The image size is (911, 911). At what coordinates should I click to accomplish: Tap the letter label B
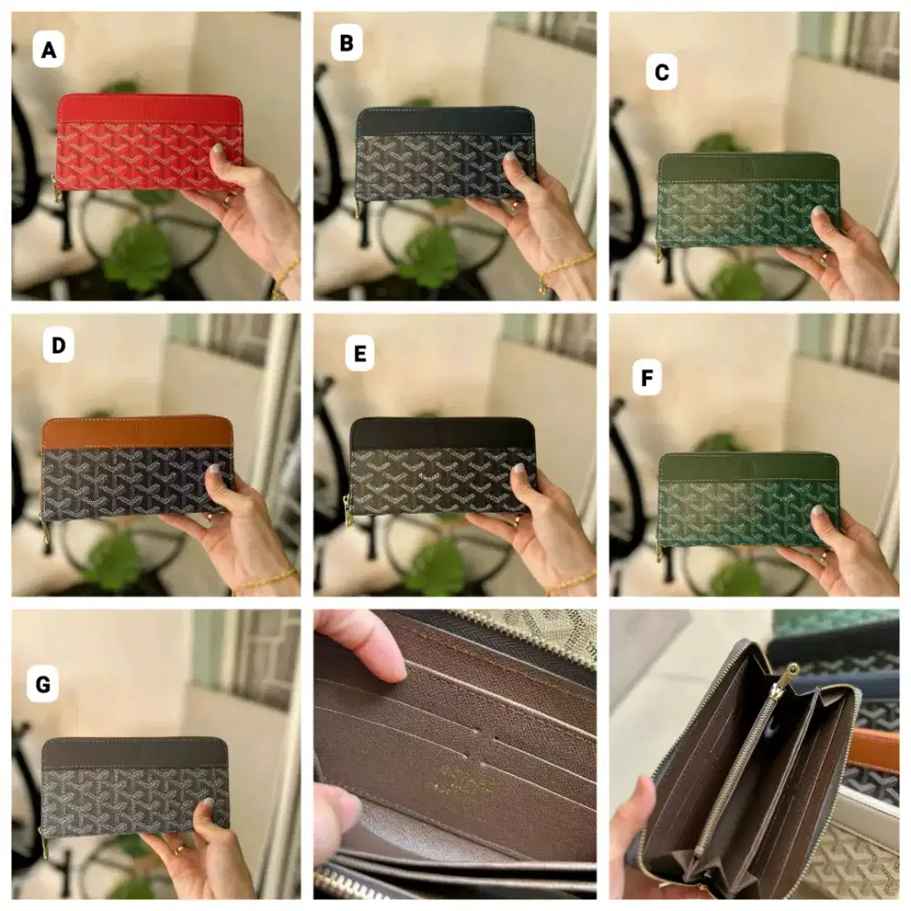pyautogui.click(x=346, y=43)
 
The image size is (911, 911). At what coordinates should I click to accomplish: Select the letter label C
pyautogui.click(x=661, y=73)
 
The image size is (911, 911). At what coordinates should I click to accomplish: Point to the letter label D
pyautogui.click(x=58, y=346)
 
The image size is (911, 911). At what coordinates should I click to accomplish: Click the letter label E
pyautogui.click(x=360, y=353)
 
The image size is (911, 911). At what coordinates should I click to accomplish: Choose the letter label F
pyautogui.click(x=647, y=378)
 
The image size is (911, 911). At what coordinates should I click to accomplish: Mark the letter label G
pyautogui.click(x=43, y=683)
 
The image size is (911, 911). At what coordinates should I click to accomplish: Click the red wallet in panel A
pyautogui.click(x=137, y=146)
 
